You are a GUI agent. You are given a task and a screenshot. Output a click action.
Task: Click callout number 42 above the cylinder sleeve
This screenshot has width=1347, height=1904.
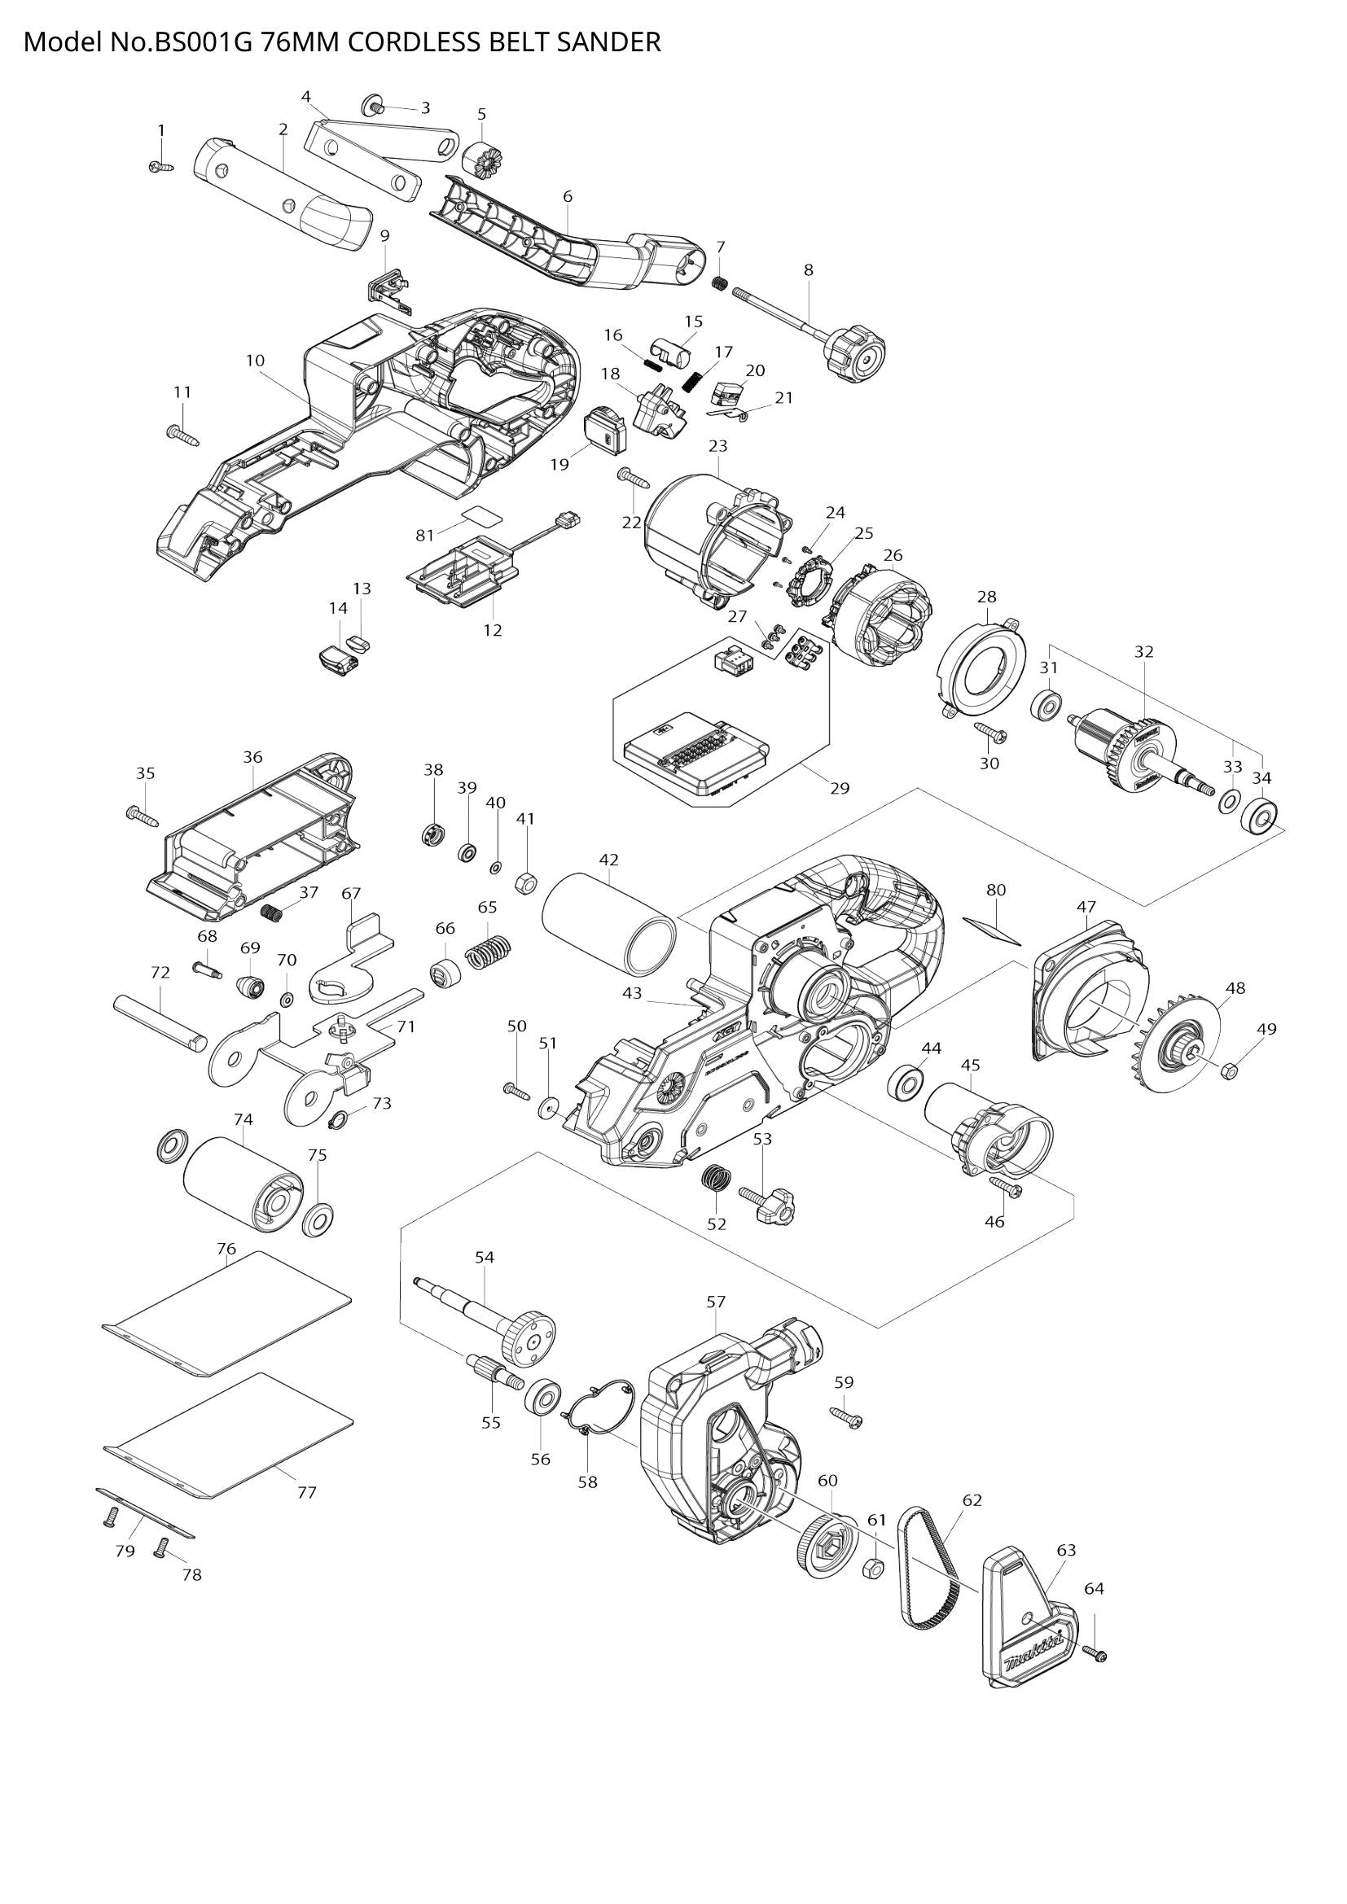tap(609, 859)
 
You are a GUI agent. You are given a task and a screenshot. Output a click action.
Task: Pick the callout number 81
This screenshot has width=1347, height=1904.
tap(424, 536)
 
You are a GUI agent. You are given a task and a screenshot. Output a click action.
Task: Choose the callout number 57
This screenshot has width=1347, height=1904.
tap(716, 1302)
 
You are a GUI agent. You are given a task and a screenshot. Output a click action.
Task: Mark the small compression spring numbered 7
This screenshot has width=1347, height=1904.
tap(720, 282)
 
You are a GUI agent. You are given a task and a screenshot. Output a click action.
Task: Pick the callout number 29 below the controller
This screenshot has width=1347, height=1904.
tap(840, 788)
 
